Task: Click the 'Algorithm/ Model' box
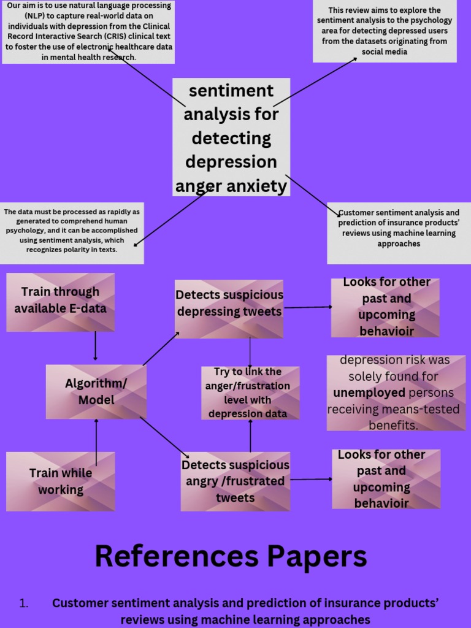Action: pyautogui.click(x=96, y=392)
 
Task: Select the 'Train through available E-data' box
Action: pyautogui.click(x=60, y=302)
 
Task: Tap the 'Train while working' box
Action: pyautogui.click(x=60, y=481)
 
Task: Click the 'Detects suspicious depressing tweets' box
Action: pyautogui.click(x=229, y=308)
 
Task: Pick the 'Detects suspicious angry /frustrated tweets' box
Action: pyautogui.click(x=235, y=481)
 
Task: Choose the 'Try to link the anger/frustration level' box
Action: pyautogui.click(x=250, y=392)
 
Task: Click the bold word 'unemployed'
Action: pyautogui.click(x=369, y=392)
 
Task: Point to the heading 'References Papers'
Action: pyautogui.click(x=231, y=557)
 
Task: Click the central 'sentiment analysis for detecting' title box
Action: pyautogui.click(x=231, y=137)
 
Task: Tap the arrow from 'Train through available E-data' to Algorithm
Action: pyautogui.click(x=96, y=347)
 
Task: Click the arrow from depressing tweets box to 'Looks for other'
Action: pyautogui.click(x=307, y=307)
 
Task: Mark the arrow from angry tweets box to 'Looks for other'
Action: pyautogui.click(x=311, y=479)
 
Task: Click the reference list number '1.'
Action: pyautogui.click(x=24, y=603)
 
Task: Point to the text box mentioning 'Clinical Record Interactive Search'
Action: pyautogui.click(x=89, y=32)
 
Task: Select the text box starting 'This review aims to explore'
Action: pyautogui.click(x=385, y=31)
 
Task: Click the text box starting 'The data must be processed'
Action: pyautogui.click(x=72, y=232)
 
